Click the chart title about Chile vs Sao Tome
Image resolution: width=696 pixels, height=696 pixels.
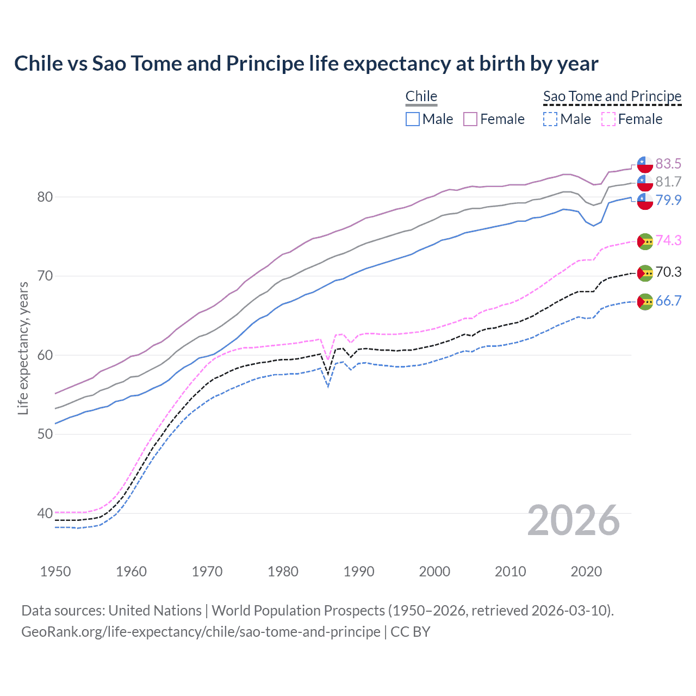point(306,64)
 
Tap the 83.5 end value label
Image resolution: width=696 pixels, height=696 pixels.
point(668,164)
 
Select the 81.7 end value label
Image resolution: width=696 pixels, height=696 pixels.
point(668,182)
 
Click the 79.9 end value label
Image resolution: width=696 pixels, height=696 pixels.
point(668,200)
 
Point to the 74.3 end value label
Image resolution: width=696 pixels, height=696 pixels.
point(668,240)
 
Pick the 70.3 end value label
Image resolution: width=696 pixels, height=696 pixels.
point(668,272)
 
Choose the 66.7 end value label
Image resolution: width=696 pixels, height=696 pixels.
point(668,301)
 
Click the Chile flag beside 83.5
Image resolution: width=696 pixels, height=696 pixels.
point(645,164)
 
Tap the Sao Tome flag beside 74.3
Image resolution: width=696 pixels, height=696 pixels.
point(645,241)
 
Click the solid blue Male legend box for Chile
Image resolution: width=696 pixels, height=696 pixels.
point(413,119)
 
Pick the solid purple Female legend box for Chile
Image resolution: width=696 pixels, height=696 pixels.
point(470,119)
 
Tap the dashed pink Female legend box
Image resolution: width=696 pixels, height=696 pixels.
point(608,119)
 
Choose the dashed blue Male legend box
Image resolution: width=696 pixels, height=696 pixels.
point(550,119)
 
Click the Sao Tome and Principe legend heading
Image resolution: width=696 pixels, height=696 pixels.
point(612,96)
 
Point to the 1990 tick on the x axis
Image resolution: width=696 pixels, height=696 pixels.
point(359,571)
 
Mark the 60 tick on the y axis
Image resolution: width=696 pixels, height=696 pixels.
point(45,355)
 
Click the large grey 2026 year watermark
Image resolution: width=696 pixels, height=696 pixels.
point(574,520)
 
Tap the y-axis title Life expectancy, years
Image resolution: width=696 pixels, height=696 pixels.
point(23,348)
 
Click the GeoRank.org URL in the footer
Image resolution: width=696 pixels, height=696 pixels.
point(201,632)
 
